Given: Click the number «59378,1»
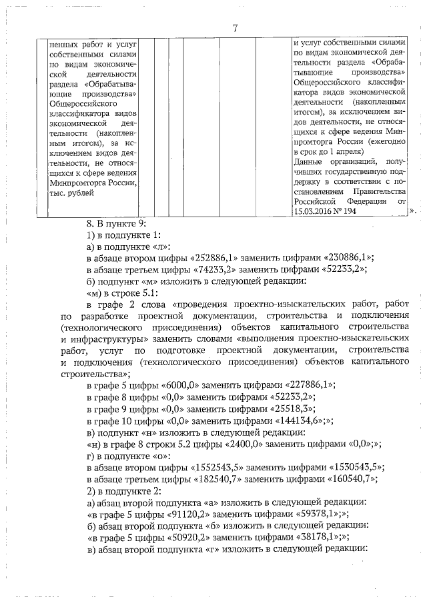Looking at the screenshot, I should tap(303, 512).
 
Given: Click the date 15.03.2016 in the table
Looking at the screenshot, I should tap(318, 210).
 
